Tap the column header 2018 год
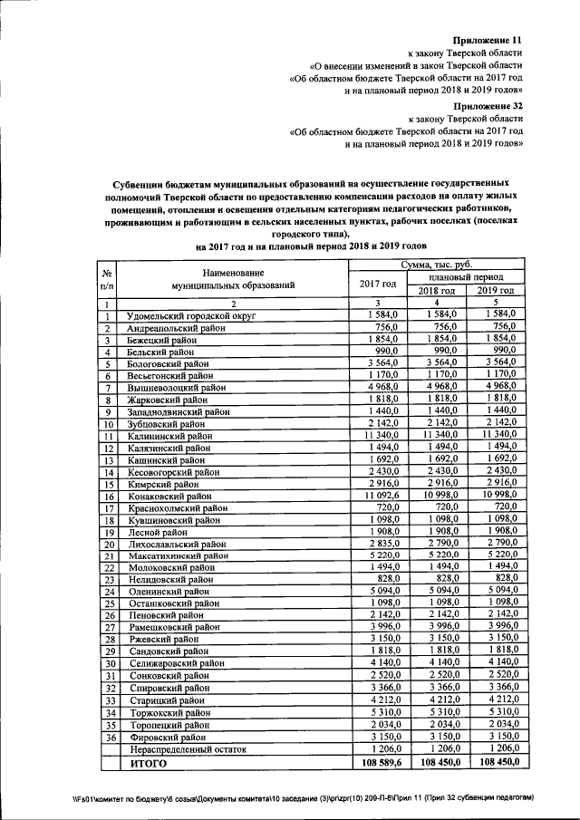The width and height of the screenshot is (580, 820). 436,290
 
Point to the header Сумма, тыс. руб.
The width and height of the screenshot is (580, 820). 436,264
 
